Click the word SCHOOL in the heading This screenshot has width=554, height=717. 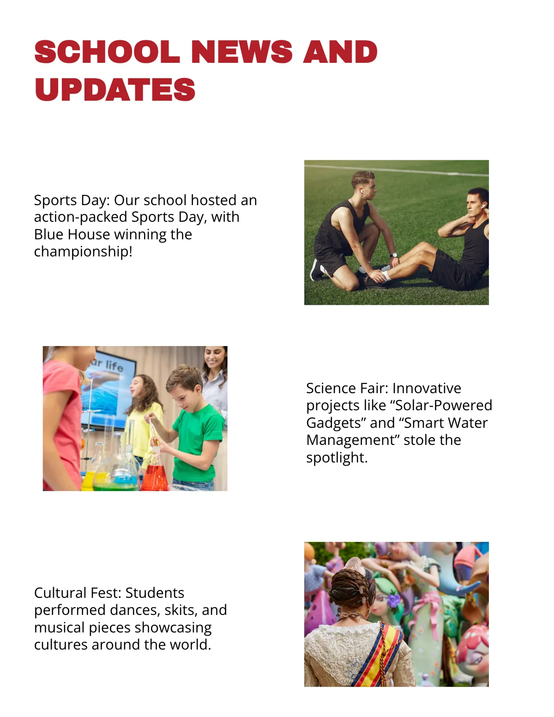click(x=107, y=52)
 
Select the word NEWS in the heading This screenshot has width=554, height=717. click(x=241, y=52)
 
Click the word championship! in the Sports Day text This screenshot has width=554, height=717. click(x=83, y=251)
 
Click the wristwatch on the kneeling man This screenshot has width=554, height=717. click(x=393, y=255)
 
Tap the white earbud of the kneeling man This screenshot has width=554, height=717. click(x=362, y=190)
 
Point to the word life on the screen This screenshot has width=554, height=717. click(x=114, y=366)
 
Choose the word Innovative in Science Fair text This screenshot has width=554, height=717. click(x=427, y=388)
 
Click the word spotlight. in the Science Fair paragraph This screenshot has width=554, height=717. click(x=337, y=457)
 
